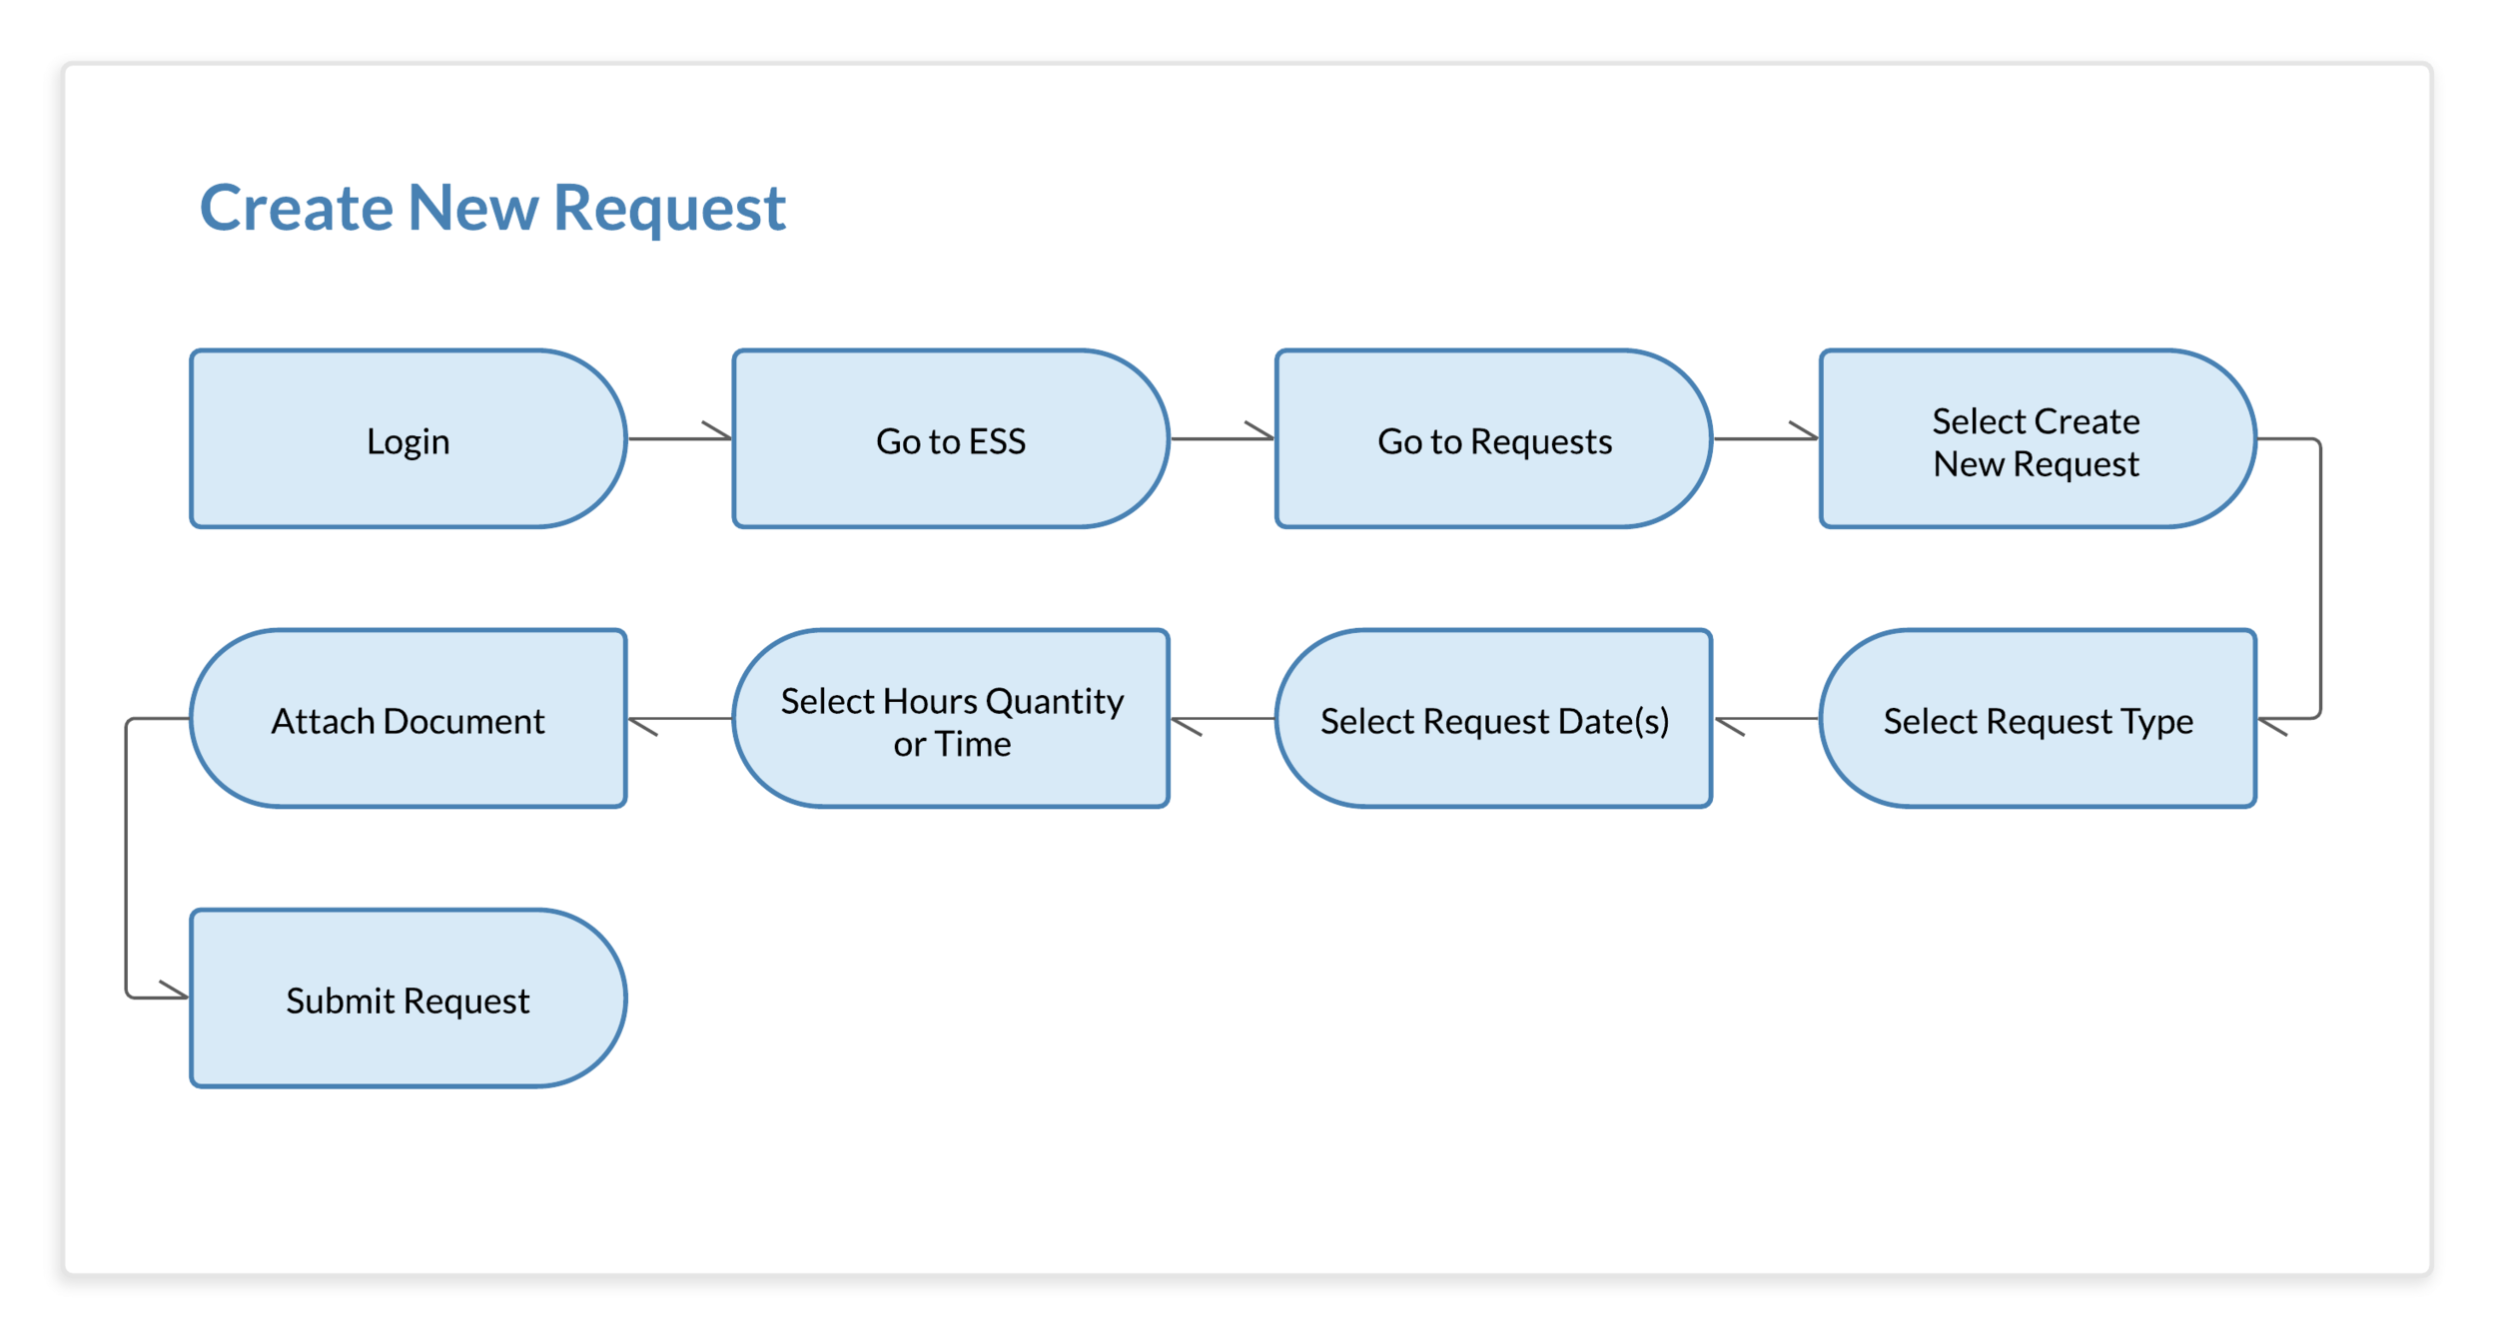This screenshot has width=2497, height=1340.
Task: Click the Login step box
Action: (408, 439)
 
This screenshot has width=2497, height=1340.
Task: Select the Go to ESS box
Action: (950, 439)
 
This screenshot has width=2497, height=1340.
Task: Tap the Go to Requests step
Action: (1493, 439)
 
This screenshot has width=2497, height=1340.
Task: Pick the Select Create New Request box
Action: (2036, 439)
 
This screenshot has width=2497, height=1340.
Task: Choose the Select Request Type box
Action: (2038, 719)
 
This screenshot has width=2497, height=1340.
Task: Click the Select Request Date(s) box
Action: (1493, 719)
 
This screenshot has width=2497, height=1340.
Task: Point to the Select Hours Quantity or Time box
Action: (950, 719)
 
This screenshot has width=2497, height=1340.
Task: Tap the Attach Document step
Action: (408, 719)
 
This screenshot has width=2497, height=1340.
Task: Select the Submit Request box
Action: (408, 999)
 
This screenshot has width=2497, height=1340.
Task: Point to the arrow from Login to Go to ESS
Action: (679, 438)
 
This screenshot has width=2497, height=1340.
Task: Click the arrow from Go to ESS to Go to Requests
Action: (1222, 438)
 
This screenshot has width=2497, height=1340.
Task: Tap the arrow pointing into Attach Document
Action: (679, 718)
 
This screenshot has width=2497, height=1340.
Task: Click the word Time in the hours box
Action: (974, 745)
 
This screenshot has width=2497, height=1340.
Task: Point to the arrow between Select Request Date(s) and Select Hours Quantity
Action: (1223, 718)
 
